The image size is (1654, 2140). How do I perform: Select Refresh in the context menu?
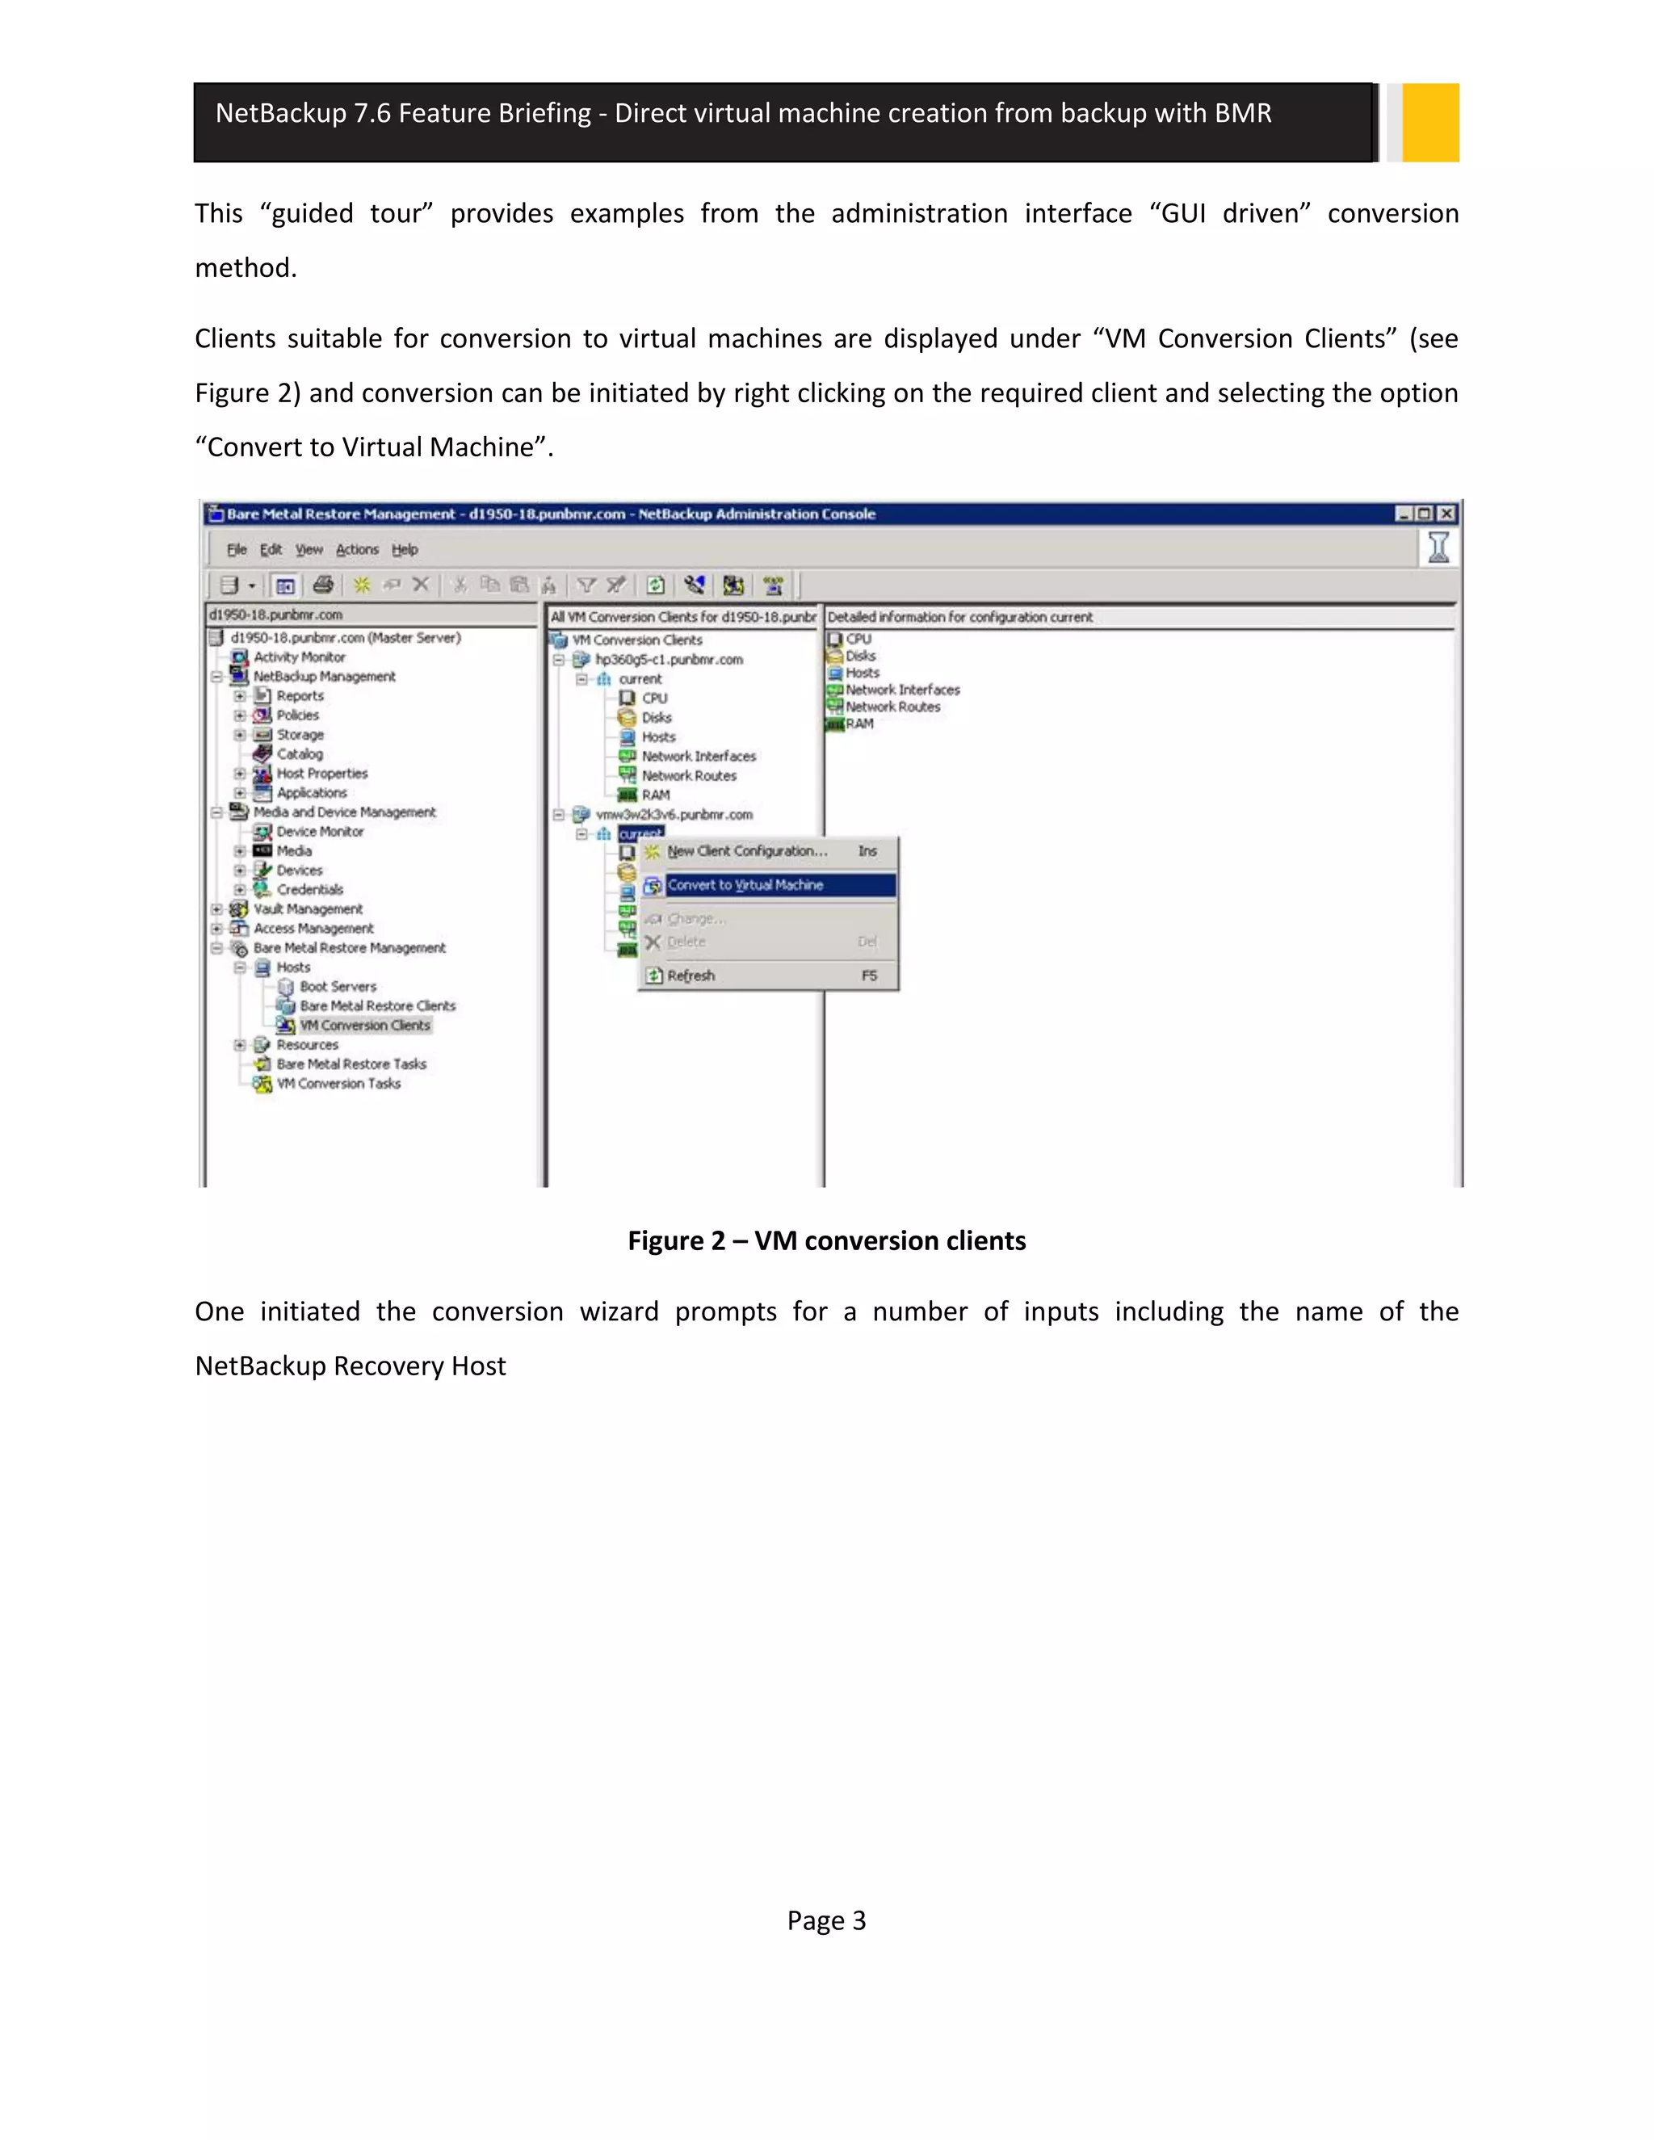[x=691, y=976]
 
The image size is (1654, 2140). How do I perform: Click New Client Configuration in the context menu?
[x=747, y=851]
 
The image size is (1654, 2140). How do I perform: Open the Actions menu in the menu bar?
[x=357, y=550]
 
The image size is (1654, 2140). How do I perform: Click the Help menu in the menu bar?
[x=405, y=550]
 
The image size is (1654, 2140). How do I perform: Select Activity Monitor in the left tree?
[x=299, y=657]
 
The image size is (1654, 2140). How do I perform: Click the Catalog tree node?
[x=299, y=754]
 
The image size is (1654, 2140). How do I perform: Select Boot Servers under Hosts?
[x=337, y=987]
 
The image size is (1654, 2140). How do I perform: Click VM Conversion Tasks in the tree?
[x=338, y=1084]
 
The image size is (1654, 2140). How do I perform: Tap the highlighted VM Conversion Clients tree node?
[x=364, y=1026]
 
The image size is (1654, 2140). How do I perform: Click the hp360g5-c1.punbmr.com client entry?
[x=668, y=660]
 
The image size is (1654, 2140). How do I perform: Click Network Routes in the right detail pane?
[x=892, y=707]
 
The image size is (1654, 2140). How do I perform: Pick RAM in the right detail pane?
[x=859, y=724]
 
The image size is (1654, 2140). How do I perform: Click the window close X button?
[x=1446, y=514]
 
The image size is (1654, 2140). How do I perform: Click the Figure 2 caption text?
[x=826, y=1241]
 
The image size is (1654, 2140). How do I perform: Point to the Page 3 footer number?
[x=826, y=1921]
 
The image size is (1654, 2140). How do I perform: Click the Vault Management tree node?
[x=308, y=909]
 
